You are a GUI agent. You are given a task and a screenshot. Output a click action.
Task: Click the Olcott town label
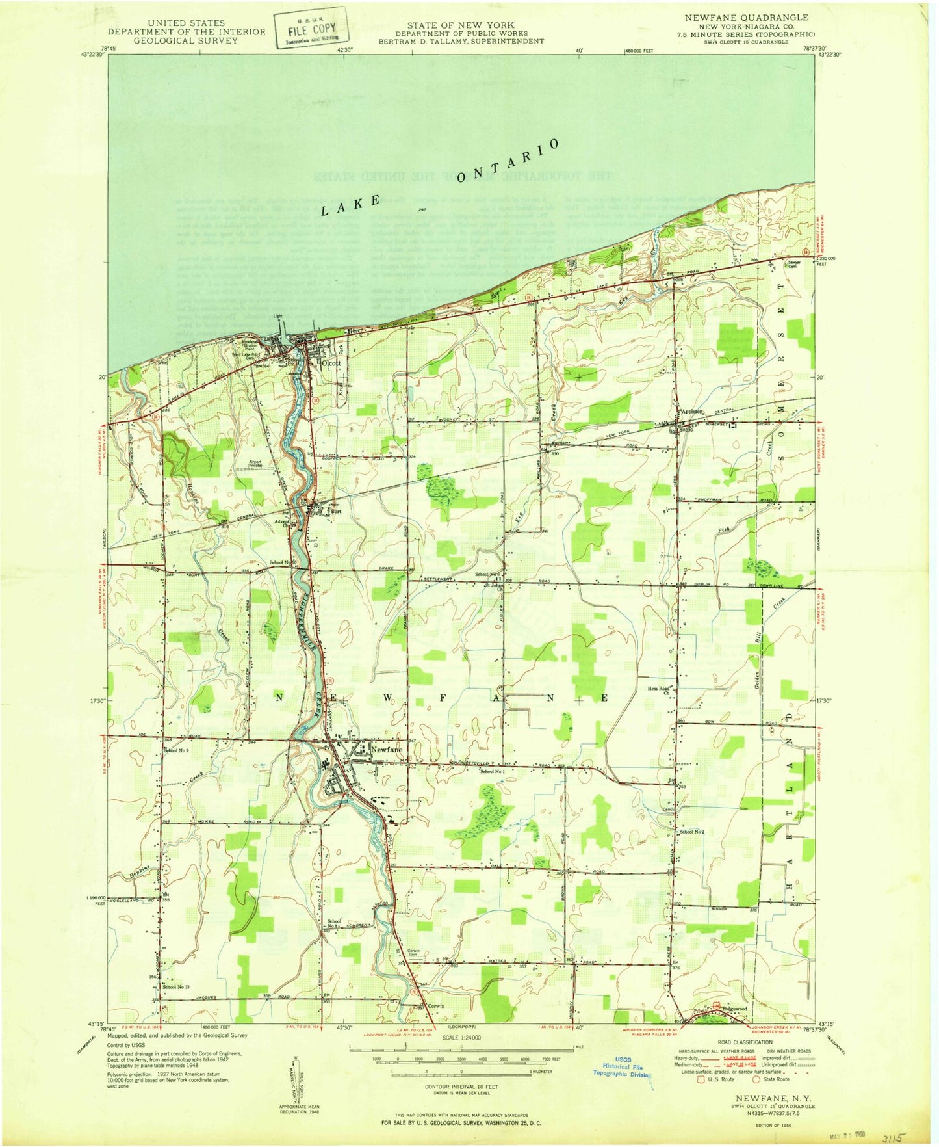331,363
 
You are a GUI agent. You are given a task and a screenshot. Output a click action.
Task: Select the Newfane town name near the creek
387,750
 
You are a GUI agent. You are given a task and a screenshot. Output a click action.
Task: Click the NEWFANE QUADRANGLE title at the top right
746,18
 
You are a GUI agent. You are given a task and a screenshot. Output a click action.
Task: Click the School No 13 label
176,987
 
